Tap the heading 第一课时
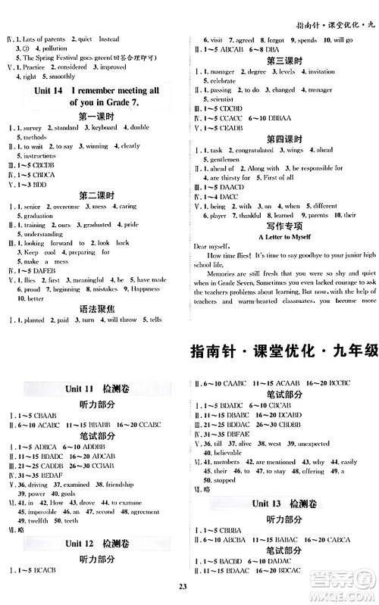(x=96, y=116)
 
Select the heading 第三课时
(x=284, y=60)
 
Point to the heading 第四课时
(x=284, y=139)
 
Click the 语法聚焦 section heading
(x=96, y=308)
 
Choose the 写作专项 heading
(x=284, y=225)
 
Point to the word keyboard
(x=103, y=128)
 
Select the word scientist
(x=222, y=99)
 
